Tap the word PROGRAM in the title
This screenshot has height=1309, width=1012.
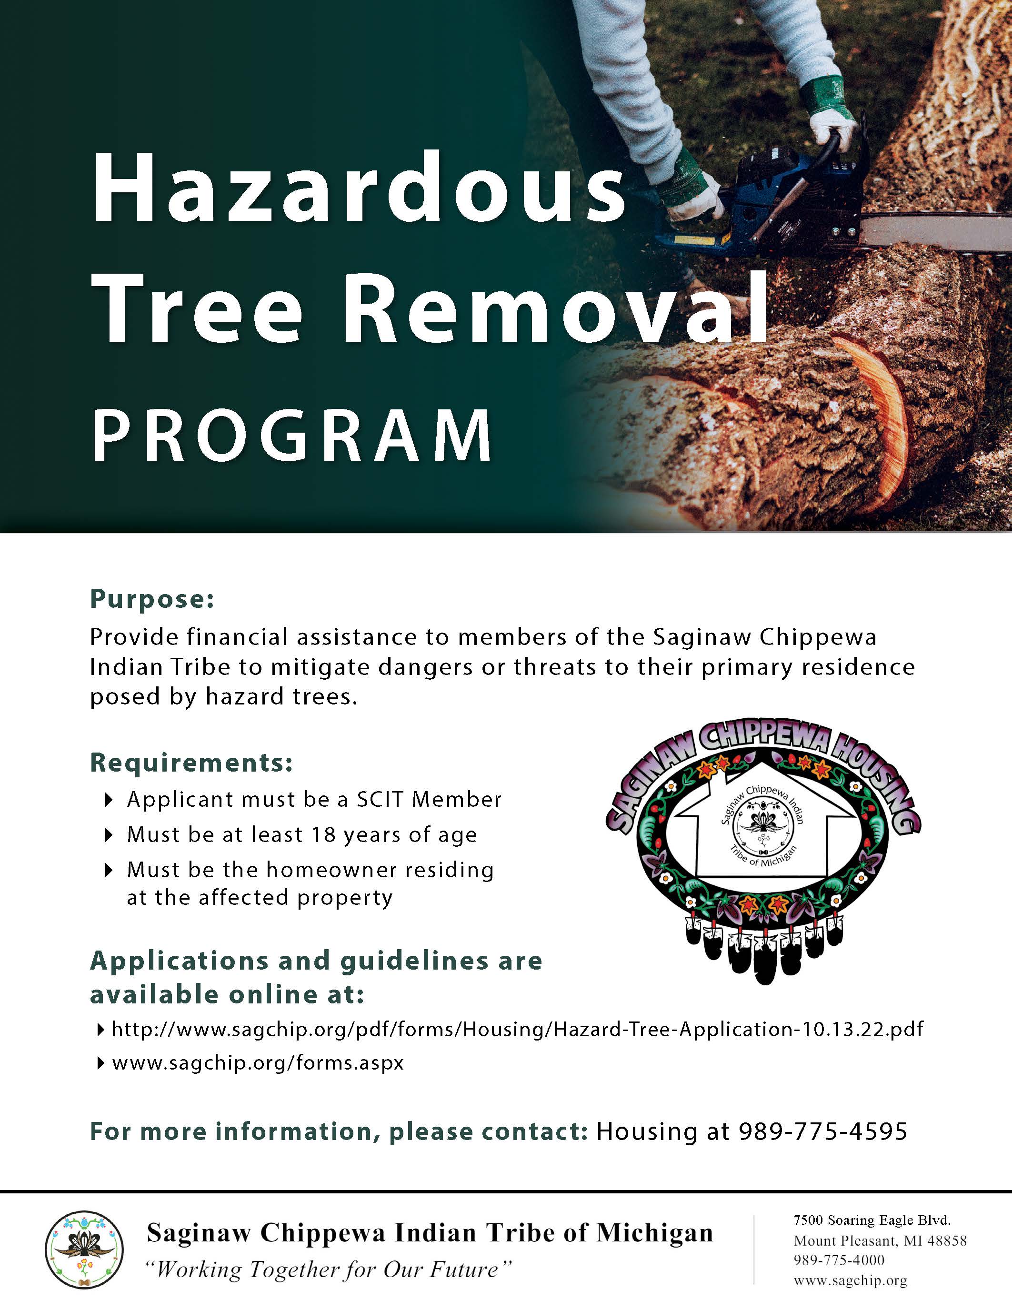292,435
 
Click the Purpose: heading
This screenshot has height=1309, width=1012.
151,599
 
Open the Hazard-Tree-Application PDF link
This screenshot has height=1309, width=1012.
517,1029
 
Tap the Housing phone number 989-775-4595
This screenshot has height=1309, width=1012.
822,1131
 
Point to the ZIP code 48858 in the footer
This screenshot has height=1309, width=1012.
947,1240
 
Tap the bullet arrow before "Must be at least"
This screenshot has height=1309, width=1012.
109,835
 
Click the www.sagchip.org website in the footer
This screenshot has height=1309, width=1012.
850,1281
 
